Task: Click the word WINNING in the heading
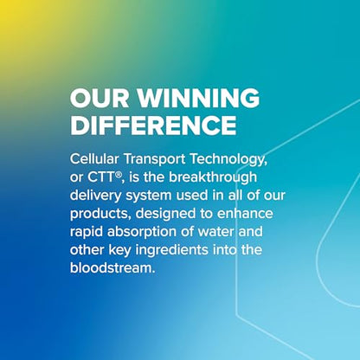[x=198, y=98]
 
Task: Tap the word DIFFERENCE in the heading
[x=153, y=125]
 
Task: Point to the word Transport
[x=154, y=159]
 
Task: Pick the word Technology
[x=228, y=160]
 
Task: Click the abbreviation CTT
[x=100, y=177]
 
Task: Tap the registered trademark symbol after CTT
[x=118, y=174]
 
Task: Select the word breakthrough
[x=213, y=177]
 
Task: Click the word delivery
[x=96, y=196]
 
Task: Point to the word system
[x=149, y=196]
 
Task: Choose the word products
[x=100, y=214]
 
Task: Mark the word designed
[x=165, y=214]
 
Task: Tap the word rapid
[x=87, y=232]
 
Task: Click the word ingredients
[x=172, y=250]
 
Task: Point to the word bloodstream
[x=112, y=267]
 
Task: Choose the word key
[x=120, y=250]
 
